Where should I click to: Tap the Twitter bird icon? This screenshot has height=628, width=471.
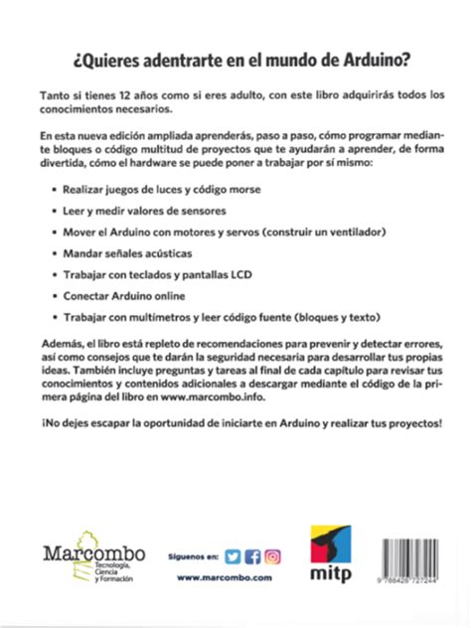click(x=233, y=556)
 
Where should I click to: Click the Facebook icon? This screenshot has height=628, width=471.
click(x=252, y=556)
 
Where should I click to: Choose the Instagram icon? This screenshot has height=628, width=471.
click(x=272, y=556)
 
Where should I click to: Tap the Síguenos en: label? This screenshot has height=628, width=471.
click(x=193, y=557)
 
